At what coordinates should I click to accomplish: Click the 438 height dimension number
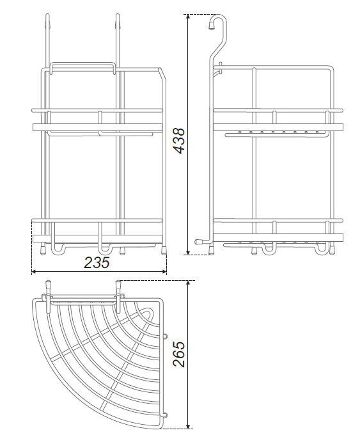[x=178, y=140]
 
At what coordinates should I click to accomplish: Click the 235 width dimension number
[x=97, y=262]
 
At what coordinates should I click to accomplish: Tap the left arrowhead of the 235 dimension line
[x=34, y=272]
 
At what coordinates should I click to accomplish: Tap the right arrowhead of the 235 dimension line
[x=164, y=272]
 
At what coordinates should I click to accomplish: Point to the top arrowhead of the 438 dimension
[x=189, y=17]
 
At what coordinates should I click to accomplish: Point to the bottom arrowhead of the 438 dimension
[x=189, y=251]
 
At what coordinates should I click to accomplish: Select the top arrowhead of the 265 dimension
[x=189, y=283]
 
